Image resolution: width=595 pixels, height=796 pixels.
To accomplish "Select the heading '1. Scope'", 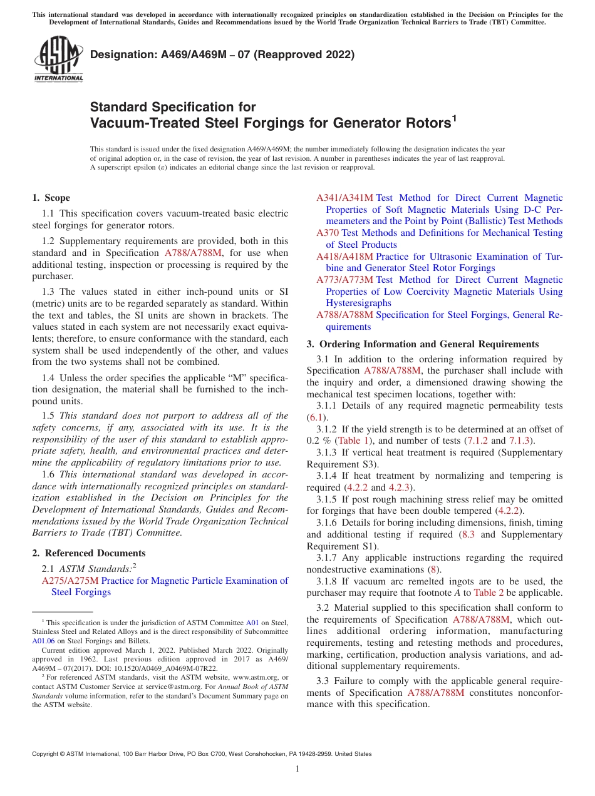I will coord(51,198).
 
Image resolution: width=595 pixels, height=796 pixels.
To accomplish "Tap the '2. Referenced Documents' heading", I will coord(89,553).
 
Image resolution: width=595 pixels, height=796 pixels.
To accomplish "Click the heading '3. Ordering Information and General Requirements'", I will coord(423,344).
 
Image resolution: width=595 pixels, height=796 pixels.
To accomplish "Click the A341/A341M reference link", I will coord(344,198).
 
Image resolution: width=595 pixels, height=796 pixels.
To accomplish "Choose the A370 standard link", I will coord(328,233).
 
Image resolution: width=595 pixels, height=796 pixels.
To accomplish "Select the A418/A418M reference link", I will coord(344,257).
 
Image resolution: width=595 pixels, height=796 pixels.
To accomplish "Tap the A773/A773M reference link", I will coord(344,280).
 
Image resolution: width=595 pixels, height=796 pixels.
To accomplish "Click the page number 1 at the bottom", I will coord(297,769).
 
